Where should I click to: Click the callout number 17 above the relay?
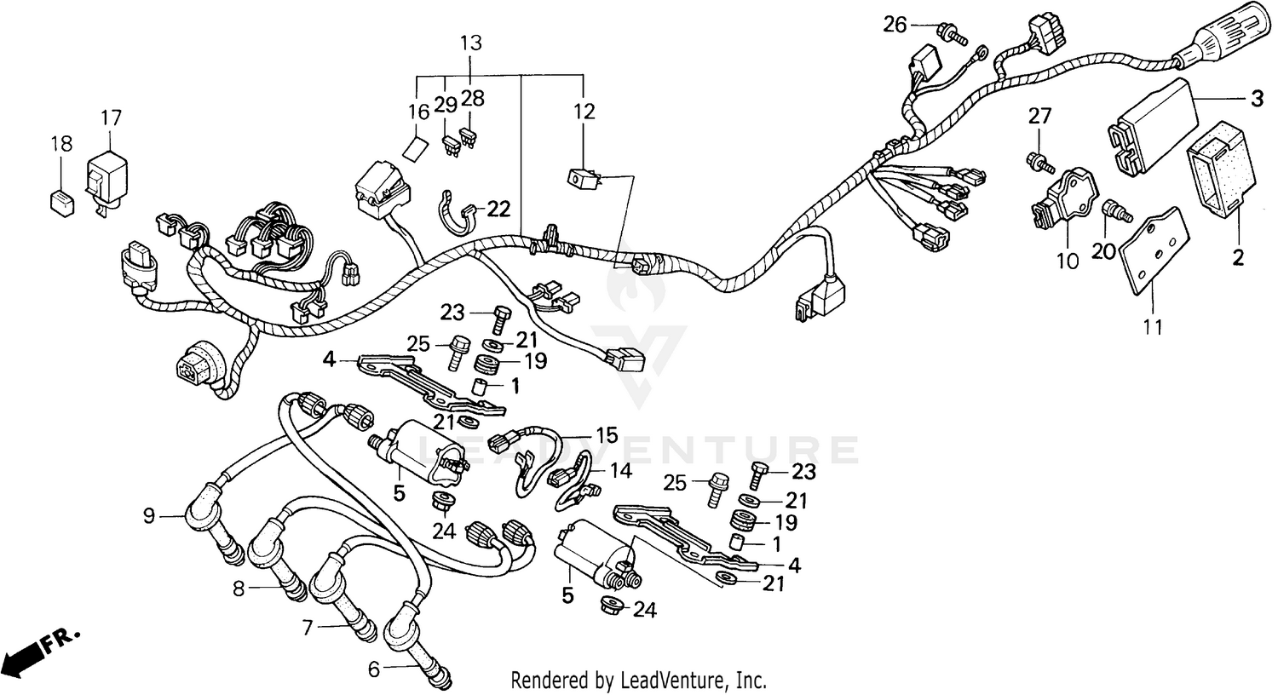coord(111,117)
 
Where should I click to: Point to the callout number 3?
coord(1257,99)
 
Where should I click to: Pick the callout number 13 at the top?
coord(471,42)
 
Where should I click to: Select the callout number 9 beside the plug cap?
coord(149,515)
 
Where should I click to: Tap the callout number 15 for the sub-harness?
coord(606,435)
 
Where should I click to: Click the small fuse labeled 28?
coord(466,135)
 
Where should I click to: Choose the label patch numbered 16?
coord(415,149)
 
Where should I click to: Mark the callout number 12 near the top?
coord(584,112)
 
